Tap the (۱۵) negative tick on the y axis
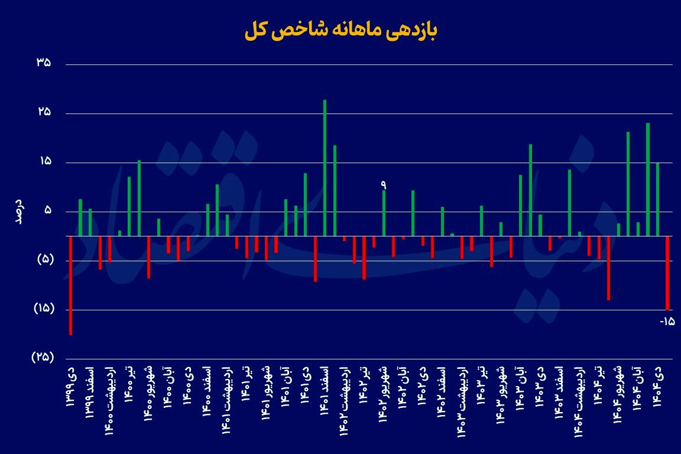click(41, 309)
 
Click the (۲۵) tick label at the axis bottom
click(41, 358)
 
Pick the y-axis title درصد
click(18, 211)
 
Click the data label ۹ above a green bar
click(383, 185)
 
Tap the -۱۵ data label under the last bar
click(667, 322)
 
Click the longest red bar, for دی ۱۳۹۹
click(70, 286)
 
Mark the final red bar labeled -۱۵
click(667, 273)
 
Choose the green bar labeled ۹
click(384, 213)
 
